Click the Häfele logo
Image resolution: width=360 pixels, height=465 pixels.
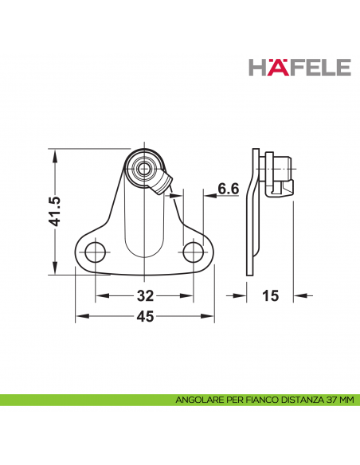300,67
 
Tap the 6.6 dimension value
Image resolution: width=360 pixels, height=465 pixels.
229,189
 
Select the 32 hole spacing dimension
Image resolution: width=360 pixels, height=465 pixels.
145,296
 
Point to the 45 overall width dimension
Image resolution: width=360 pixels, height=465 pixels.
145,317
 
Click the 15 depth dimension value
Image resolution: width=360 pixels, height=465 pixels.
270,296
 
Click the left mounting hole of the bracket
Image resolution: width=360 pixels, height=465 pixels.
96,253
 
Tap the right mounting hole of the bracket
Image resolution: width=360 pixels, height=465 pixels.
194,253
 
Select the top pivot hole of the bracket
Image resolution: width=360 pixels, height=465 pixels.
144,168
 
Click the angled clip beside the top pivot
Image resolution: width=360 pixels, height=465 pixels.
162,184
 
